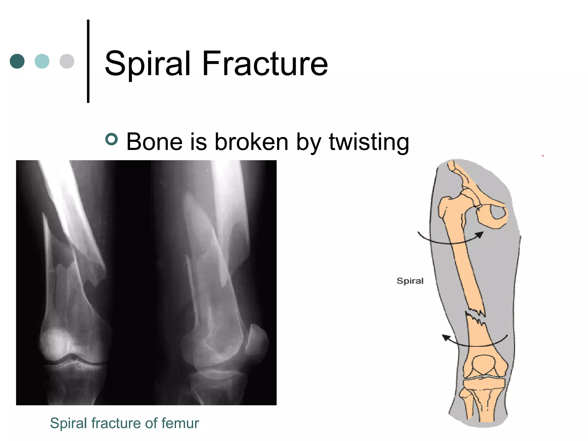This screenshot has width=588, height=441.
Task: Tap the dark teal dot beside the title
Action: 17,61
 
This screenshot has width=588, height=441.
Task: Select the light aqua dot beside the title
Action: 42,61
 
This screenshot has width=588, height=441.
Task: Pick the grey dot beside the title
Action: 67,61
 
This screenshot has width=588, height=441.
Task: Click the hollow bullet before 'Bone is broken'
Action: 112,139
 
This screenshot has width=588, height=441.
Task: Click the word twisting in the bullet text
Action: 369,142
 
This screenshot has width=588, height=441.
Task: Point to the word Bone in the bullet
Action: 154,142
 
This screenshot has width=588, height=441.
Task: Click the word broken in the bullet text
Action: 252,142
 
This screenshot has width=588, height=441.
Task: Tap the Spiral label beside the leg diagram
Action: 410,281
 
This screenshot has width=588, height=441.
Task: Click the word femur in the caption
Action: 180,423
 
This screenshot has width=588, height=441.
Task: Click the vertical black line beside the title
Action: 88,61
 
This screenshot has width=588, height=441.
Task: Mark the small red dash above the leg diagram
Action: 543,156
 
